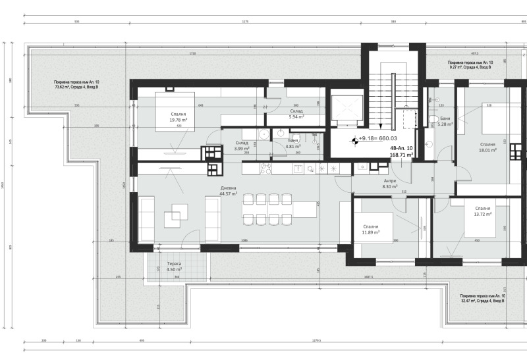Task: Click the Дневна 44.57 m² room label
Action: point(229,191)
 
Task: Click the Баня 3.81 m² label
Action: point(293,143)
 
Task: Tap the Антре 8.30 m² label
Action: point(390,184)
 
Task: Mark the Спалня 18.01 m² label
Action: point(487,147)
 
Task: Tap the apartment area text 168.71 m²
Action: point(401,155)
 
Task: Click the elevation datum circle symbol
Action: point(354,139)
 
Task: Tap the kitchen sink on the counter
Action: point(297,168)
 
